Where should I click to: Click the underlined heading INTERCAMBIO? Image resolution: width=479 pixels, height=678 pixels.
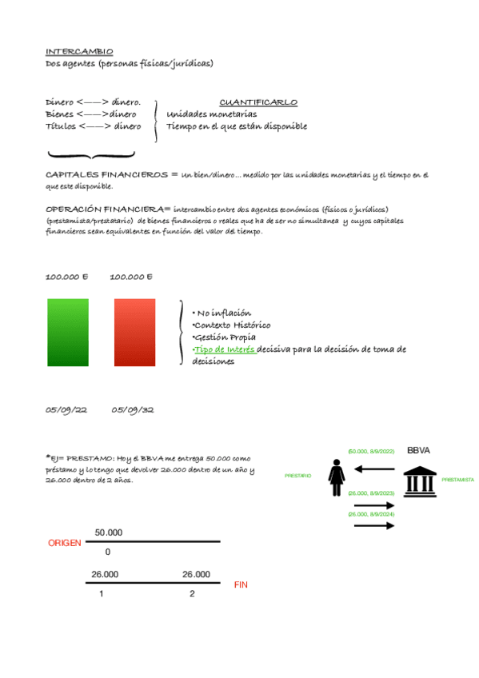[x=79, y=51]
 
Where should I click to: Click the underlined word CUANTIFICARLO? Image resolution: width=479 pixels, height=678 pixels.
[x=258, y=102]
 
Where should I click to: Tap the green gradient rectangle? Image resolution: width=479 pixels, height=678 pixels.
[x=68, y=333]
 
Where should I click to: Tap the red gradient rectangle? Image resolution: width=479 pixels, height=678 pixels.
[x=134, y=333]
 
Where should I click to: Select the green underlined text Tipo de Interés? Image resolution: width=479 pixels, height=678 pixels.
[x=225, y=349]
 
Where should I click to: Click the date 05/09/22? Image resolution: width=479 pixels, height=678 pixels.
[x=66, y=410]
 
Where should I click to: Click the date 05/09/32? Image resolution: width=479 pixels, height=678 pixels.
[x=133, y=410]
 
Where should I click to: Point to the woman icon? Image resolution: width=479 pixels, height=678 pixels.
[x=337, y=477]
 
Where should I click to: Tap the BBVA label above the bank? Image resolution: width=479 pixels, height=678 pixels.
[x=418, y=451]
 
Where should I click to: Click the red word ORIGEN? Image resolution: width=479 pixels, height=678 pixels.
[x=65, y=543]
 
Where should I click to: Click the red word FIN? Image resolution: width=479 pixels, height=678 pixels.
[x=241, y=585]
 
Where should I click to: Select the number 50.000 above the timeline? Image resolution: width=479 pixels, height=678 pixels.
[x=109, y=532]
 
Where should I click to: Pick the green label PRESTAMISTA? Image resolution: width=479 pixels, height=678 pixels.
[x=457, y=481]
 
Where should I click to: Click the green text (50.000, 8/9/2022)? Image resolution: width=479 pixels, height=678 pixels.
[x=371, y=452]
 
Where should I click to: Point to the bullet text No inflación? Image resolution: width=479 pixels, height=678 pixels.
[x=225, y=313]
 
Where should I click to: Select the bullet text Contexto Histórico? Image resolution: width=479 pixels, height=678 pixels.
[x=232, y=325]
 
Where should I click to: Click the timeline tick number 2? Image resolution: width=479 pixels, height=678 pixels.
[x=192, y=594]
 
